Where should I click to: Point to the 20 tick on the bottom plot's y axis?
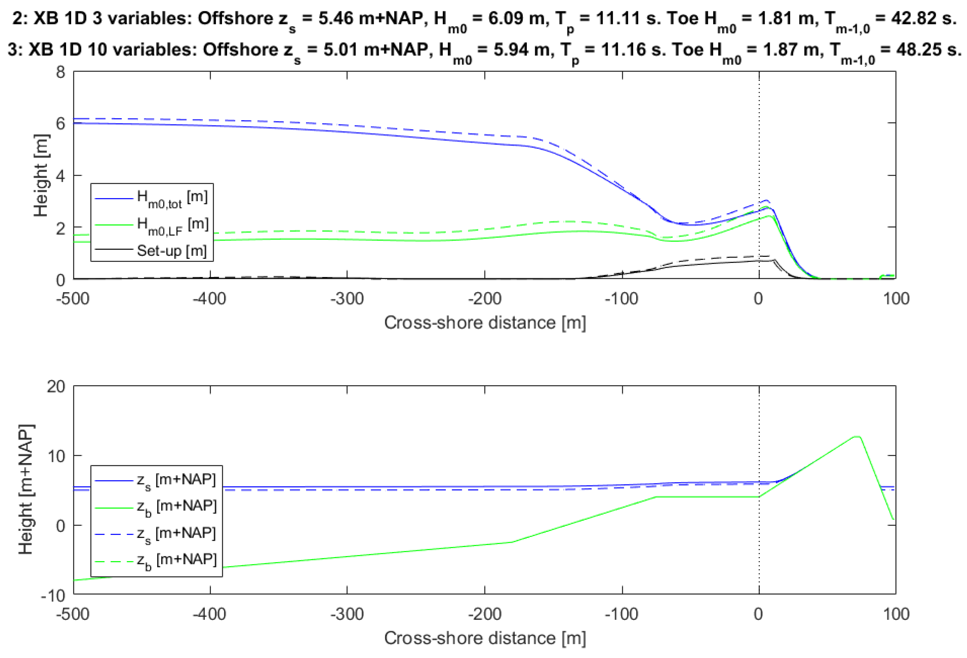(56, 387)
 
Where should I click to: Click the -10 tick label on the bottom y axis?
(53, 596)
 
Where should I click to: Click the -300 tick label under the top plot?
(347, 299)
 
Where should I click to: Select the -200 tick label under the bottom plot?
(484, 614)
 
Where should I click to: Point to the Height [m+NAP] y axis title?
(26, 489)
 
